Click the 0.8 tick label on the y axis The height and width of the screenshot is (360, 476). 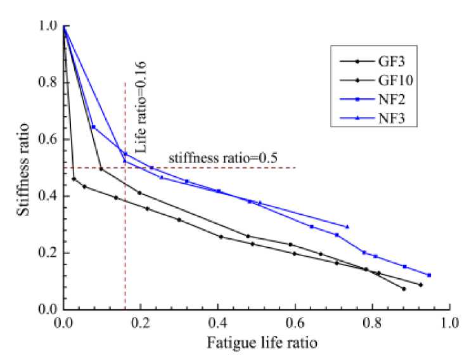(48, 82)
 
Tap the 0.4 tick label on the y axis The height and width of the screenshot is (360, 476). (48, 196)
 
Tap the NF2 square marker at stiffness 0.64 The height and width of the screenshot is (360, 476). (93, 127)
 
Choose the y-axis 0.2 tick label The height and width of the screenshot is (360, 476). (48, 253)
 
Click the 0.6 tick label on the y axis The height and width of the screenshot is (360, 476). (48, 139)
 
